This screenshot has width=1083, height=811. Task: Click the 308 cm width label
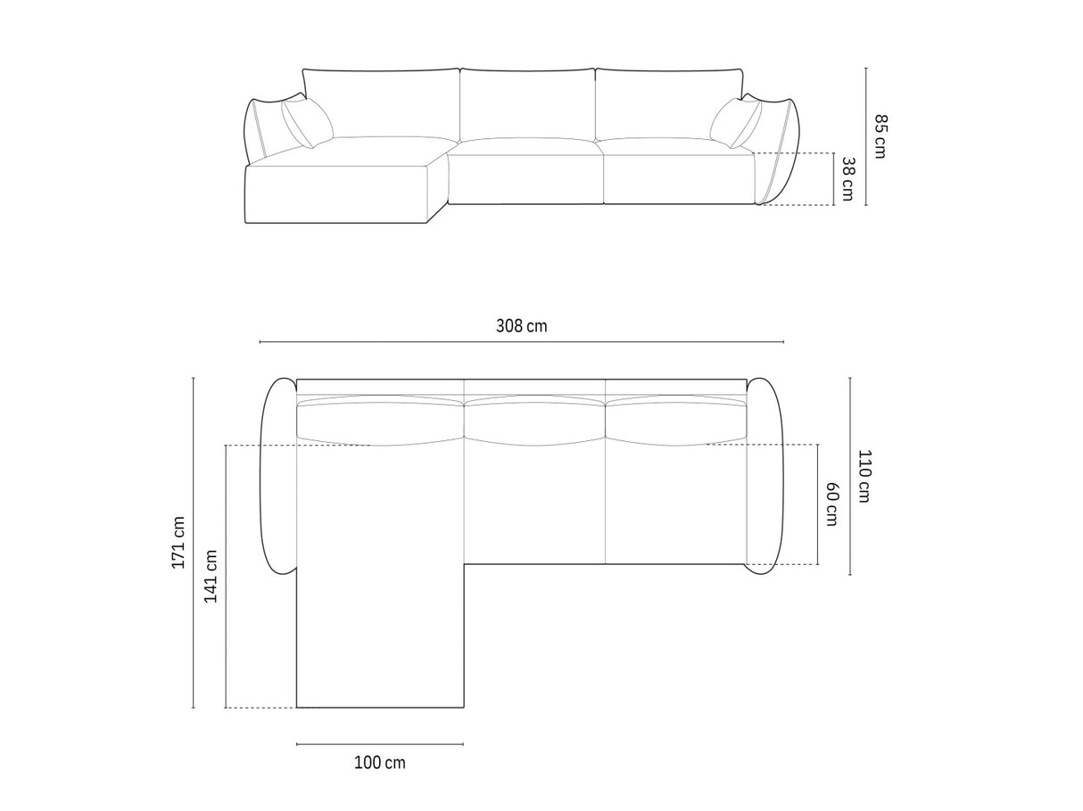point(521,325)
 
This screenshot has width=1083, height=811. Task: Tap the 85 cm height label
point(880,136)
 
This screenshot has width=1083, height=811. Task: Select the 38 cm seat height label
point(847,179)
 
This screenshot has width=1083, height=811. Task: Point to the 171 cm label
point(178,542)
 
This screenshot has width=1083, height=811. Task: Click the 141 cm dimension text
point(211,576)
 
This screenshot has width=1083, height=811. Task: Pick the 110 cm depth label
point(864,476)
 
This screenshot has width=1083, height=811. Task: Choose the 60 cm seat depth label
point(831,504)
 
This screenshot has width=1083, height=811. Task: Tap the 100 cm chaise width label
point(379,763)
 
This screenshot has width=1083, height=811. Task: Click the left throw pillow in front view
point(307,122)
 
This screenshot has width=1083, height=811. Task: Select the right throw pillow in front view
point(736,123)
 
